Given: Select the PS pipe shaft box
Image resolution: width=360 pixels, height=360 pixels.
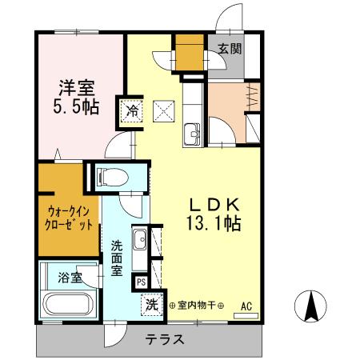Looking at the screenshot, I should [x=141, y=282].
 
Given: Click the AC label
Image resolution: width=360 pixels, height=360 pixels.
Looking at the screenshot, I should [x=246, y=305].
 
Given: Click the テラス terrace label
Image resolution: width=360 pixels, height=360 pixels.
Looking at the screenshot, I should [x=165, y=338].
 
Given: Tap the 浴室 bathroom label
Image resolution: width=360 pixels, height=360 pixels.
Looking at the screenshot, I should [x=70, y=278].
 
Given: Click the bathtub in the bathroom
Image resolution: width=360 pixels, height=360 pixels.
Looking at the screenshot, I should [x=69, y=305].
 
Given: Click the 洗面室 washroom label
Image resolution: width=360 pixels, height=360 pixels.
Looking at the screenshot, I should [x=117, y=258].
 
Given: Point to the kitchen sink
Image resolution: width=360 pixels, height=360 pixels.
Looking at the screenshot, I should [x=193, y=132].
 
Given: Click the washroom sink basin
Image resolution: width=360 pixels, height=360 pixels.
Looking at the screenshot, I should [x=140, y=238].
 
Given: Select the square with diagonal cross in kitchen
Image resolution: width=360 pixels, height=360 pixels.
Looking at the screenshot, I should [x=165, y=109].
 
